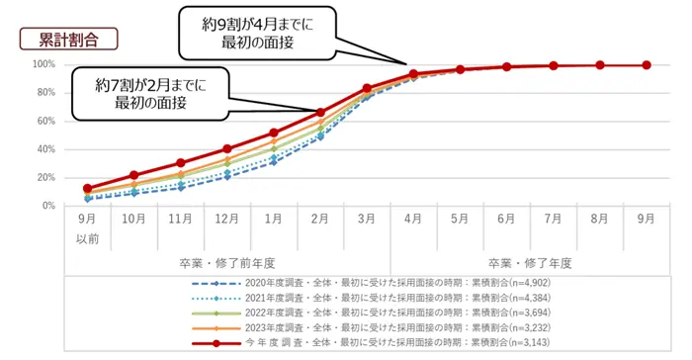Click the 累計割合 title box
click(x=67, y=39)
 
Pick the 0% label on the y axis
click(x=47, y=206)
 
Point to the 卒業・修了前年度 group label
click(x=226, y=264)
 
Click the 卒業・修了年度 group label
click(x=531, y=264)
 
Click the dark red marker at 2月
click(x=320, y=112)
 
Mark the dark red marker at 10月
click(x=134, y=175)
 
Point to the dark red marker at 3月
click(x=367, y=89)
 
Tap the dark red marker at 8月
click(x=599, y=65)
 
